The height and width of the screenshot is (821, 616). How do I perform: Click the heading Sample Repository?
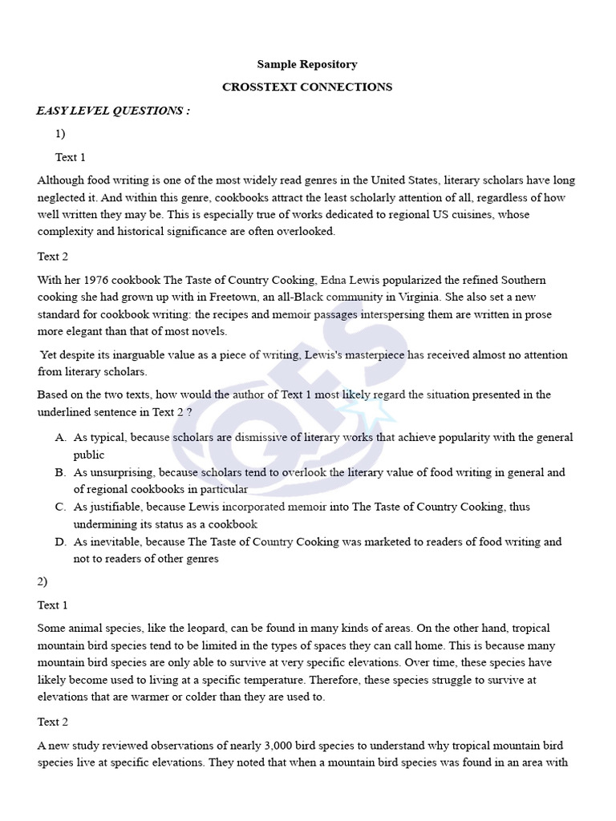307,64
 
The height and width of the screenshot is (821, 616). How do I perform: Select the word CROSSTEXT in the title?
259,87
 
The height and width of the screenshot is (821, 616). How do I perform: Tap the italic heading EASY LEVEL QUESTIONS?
113,111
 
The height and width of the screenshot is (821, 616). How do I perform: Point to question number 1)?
61,134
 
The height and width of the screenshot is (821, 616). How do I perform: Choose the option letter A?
60,438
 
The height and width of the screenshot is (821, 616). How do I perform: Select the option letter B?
60,472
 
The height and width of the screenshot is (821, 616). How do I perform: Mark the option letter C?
60,507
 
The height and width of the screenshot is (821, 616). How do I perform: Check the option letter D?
60,542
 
